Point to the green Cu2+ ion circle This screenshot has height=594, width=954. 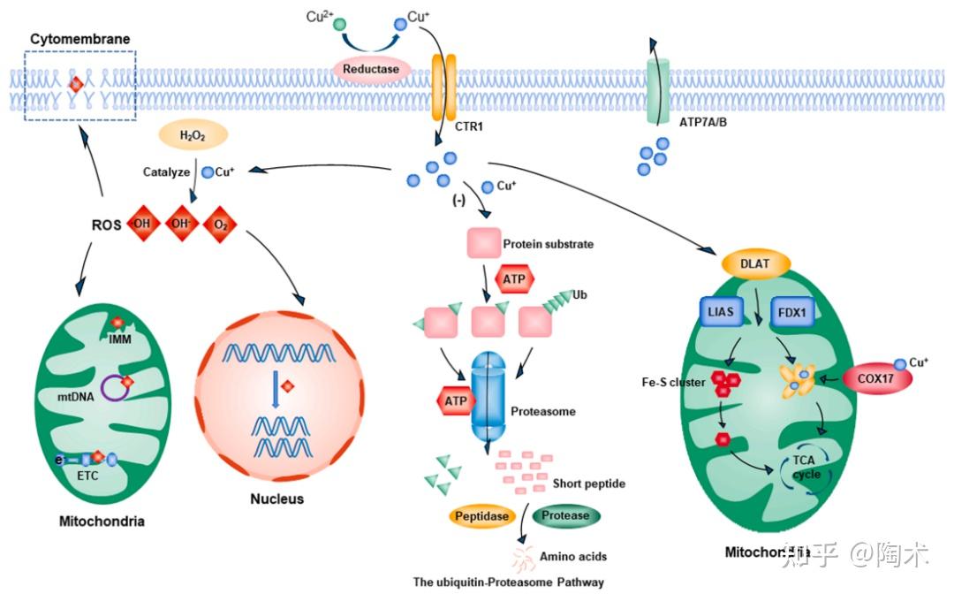[x=339, y=23]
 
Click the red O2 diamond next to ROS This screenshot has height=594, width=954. [x=221, y=224]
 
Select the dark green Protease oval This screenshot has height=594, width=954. [x=565, y=515]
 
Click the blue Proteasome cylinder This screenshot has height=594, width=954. [x=485, y=398]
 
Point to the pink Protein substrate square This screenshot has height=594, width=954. [x=484, y=242]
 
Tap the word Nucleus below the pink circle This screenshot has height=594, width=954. [x=276, y=499]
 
